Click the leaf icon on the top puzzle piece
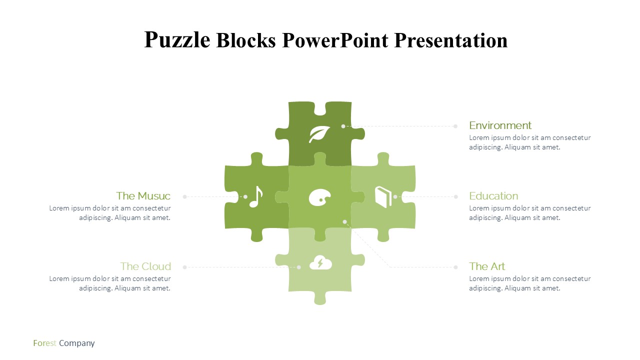[319, 134]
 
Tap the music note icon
[256, 197]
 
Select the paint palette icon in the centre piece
[319, 197]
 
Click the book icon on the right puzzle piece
[383, 197]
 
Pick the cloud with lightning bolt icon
[320, 262]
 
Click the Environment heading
[500, 125]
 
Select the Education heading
[493, 196]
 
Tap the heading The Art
[487, 266]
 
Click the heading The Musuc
[143, 196]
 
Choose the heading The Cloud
[145, 266]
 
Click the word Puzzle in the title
[177, 40]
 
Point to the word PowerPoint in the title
[335, 40]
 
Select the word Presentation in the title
[451, 40]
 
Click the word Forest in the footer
[44, 343]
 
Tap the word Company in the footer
[77, 343]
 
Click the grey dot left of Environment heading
[455, 126]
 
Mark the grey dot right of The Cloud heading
[185, 267]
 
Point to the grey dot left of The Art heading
[455, 267]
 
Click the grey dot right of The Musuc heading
[185, 197]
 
